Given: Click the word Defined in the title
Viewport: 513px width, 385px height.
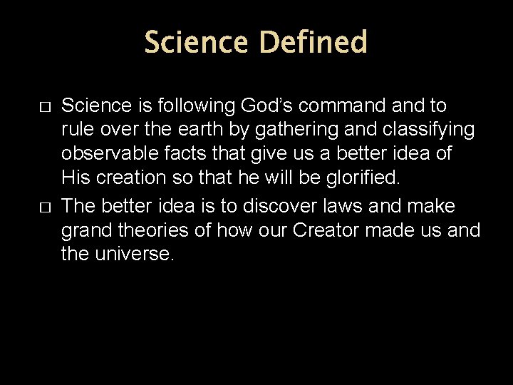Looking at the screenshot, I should (x=313, y=43).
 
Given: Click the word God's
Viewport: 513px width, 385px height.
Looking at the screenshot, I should (x=271, y=106).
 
